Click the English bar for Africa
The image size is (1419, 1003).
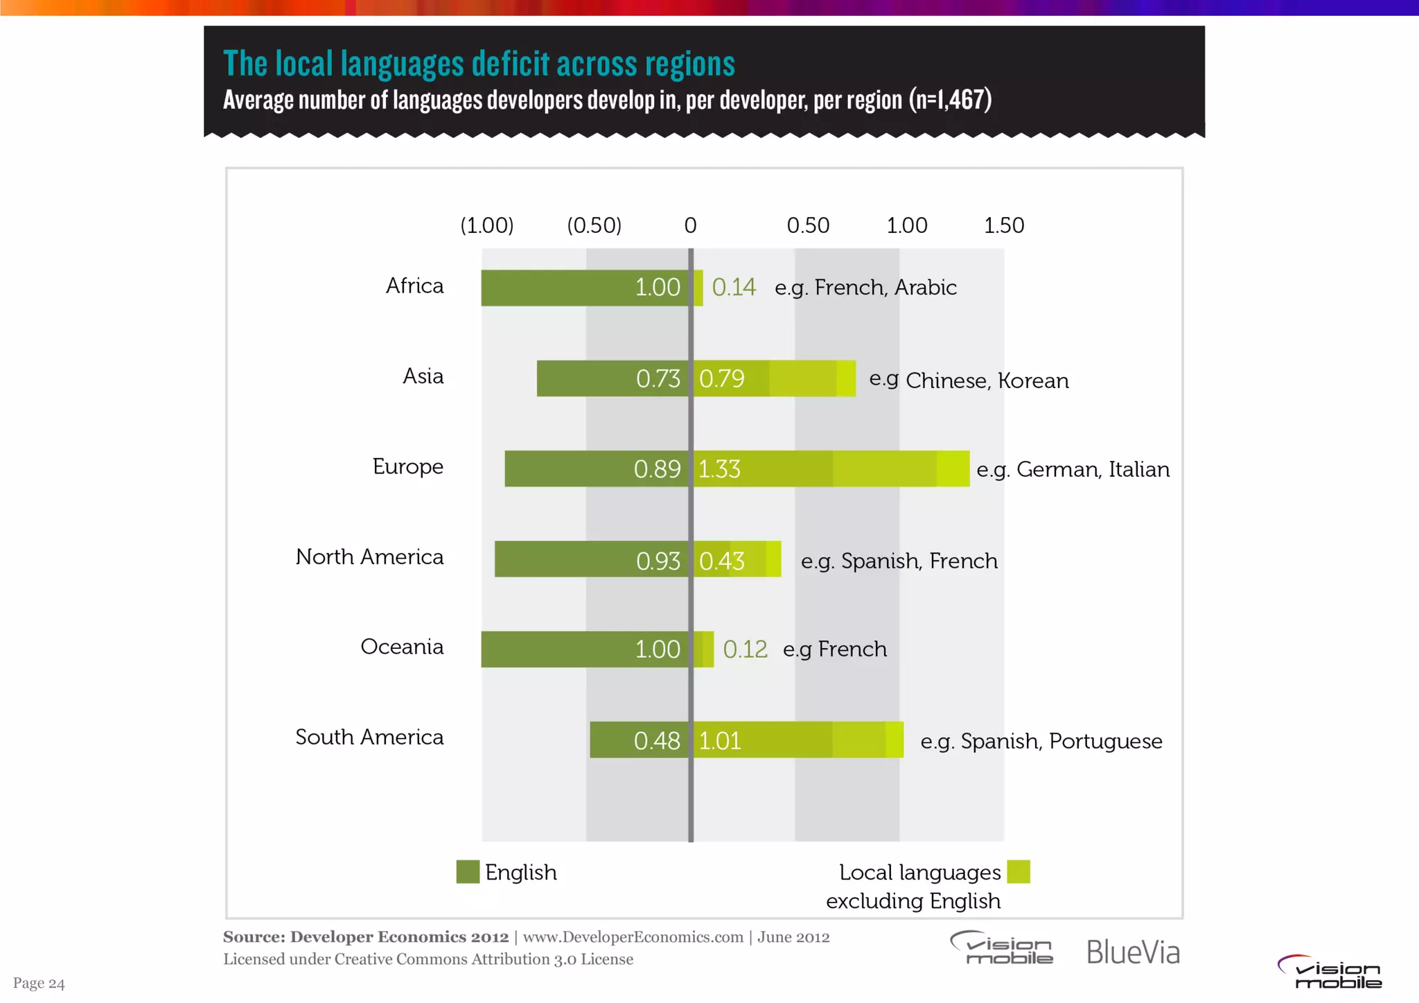pos(585,288)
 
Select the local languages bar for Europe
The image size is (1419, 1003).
pos(831,469)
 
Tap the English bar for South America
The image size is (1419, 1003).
pos(640,740)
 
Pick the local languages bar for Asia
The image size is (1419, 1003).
pos(775,378)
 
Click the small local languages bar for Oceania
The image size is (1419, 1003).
pos(704,649)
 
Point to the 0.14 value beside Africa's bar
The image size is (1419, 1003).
pos(734,288)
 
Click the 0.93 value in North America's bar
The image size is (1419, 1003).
pos(658,561)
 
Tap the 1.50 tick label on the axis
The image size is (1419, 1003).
pos(1004,225)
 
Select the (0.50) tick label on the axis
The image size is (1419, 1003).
pos(594,225)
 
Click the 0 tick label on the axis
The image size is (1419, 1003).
pos(690,225)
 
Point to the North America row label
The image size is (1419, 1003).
pos(369,557)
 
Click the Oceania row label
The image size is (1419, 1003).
pos(402,647)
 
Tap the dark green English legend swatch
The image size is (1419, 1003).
pos(468,872)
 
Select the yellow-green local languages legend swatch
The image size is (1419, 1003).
pos(1018,872)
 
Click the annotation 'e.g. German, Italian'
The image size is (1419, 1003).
pos(1073,469)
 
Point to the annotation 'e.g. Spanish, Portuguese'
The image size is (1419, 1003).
pos(1041,741)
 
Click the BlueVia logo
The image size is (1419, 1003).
pos(1133,952)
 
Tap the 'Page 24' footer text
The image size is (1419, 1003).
pos(39,983)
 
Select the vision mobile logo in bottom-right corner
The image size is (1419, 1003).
pos(1330,972)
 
